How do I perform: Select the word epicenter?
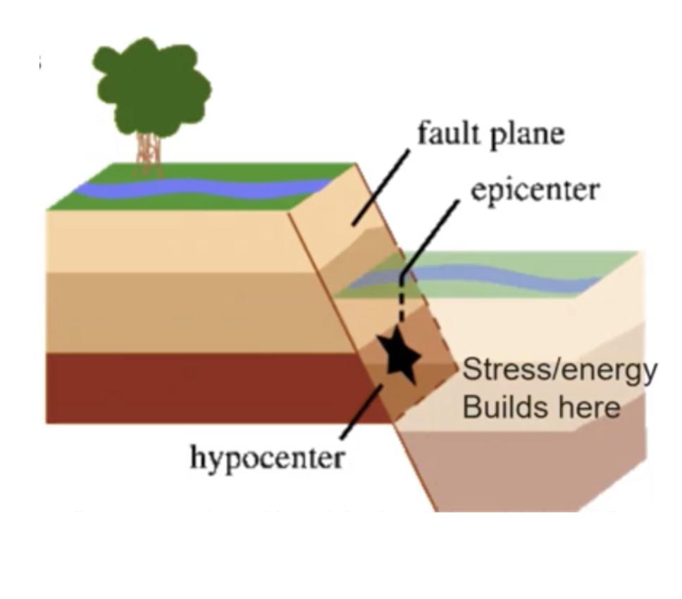pyautogui.click(x=535, y=190)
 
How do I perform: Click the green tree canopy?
pyautogui.click(x=151, y=85)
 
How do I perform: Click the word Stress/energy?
pyautogui.click(x=559, y=370)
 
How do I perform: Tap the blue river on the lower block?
pyautogui.click(x=493, y=276)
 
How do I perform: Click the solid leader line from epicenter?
pyautogui.click(x=430, y=236)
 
